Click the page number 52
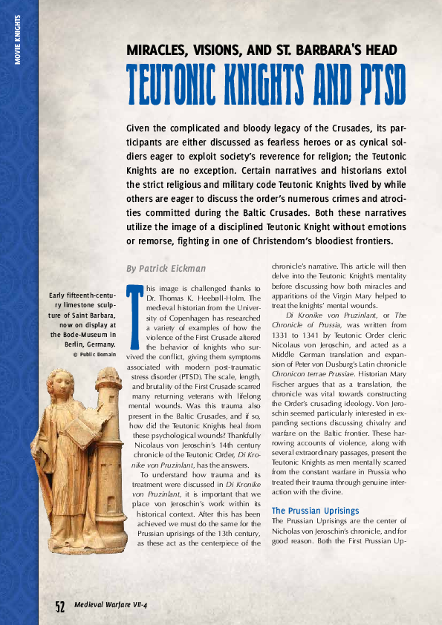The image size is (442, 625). [60, 606]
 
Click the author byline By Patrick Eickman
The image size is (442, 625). [166, 268]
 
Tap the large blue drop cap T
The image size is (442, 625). [135, 315]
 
